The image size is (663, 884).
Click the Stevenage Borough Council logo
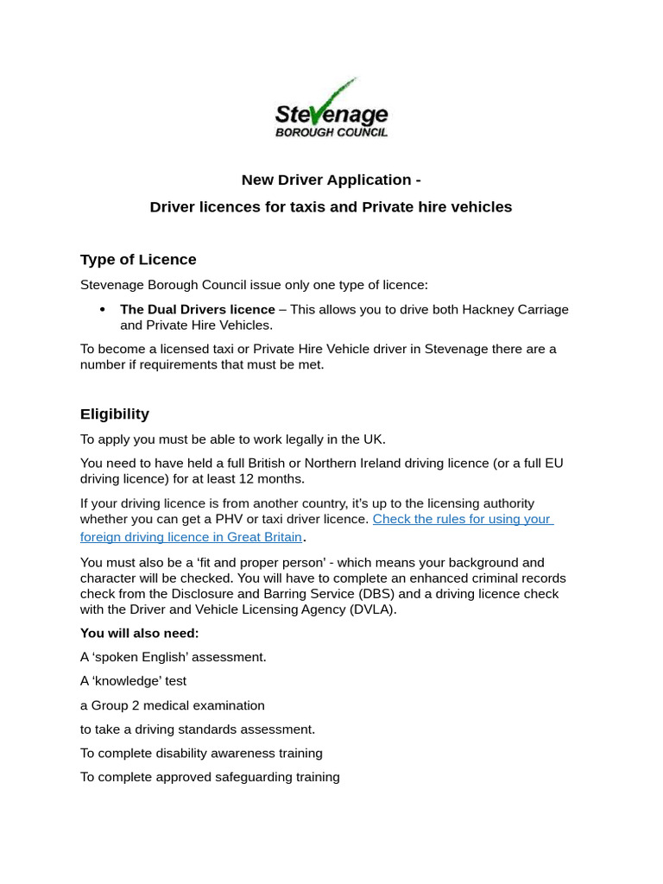[331, 110]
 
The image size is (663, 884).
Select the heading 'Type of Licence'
[138, 260]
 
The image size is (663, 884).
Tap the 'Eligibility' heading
[115, 414]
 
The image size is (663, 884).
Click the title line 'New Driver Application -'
[331, 180]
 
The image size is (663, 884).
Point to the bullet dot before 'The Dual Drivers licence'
[103, 309]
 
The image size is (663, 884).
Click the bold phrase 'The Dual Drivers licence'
[197, 309]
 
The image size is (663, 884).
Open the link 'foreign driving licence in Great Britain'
[191, 537]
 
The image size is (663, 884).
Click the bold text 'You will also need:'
[139, 633]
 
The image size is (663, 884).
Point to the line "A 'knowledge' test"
[133, 681]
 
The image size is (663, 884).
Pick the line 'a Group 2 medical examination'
[173, 705]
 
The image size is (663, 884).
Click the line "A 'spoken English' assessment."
[174, 657]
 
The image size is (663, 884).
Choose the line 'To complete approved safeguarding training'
[210, 777]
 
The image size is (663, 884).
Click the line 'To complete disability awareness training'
[201, 753]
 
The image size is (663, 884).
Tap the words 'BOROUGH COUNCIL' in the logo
[331, 132]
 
